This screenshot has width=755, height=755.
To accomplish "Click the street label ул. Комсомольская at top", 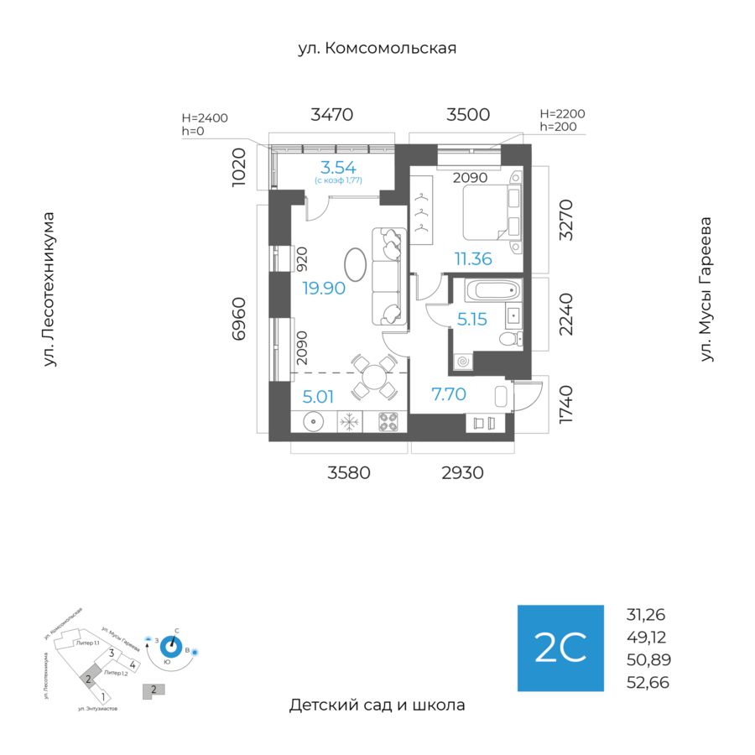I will point(377,48).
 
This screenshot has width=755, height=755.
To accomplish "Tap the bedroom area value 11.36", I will point(473,258).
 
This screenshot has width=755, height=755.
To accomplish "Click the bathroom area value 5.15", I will point(472,319).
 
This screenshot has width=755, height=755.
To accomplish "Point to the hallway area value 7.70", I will point(449,393).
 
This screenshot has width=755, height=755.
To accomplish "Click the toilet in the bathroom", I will point(509,339).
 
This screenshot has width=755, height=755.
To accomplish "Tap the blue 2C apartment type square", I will point(560,648).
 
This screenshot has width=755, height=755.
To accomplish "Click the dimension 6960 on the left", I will point(240,318).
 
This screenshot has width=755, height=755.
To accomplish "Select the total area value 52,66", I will point(648,682).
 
